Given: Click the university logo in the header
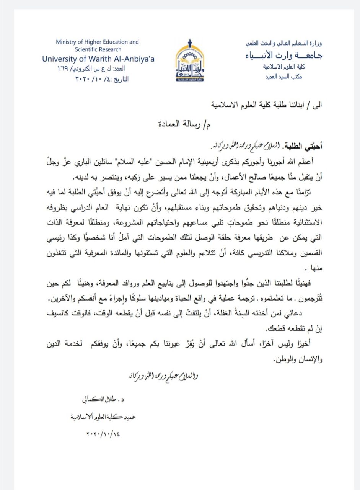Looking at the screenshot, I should pyautogui.click(x=190, y=62).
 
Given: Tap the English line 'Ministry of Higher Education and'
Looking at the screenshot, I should pyautogui.click(x=97, y=42).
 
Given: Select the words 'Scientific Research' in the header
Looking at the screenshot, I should pyautogui.click(x=98, y=49).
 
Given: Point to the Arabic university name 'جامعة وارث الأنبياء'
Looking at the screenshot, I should pyautogui.click(x=283, y=55).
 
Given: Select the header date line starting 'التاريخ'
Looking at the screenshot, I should pyautogui.click(x=103, y=80).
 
